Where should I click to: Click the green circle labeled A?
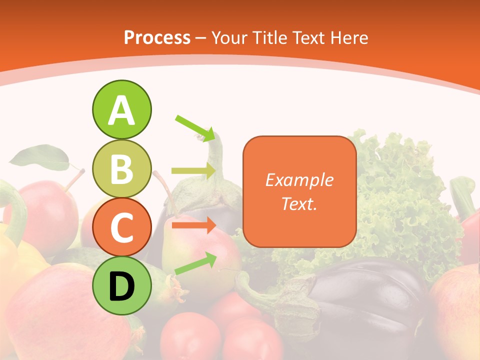121,109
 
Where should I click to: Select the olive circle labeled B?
121,168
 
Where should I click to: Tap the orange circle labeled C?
121,227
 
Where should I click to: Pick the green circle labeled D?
121,285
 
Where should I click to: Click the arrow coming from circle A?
195,128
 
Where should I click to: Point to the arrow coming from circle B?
194,171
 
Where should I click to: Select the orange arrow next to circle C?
194,225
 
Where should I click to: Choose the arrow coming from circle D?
195,263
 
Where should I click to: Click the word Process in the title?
157,37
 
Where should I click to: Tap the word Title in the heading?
270,37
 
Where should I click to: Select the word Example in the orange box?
299,180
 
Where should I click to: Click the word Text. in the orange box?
299,203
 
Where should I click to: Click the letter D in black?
121,286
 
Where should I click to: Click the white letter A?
121,110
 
